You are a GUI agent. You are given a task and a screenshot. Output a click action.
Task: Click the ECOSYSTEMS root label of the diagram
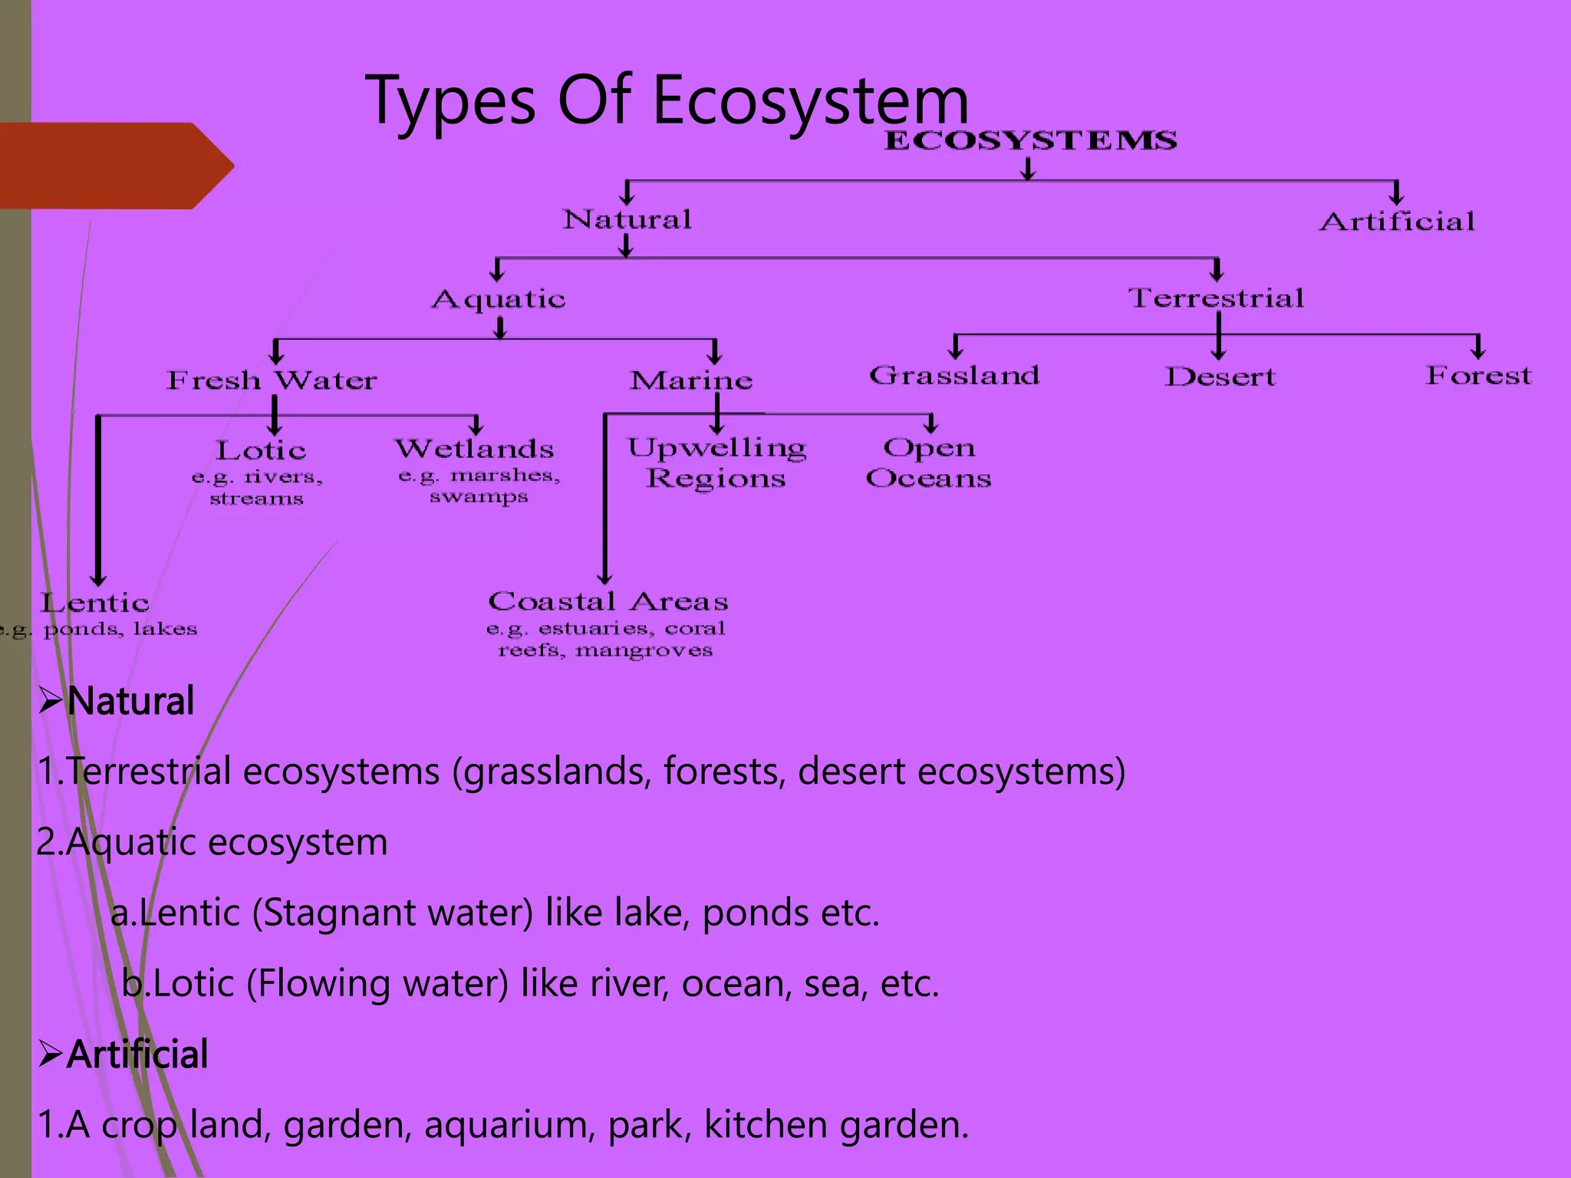point(1030,141)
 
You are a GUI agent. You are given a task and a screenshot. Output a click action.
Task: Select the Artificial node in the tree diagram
point(1397,222)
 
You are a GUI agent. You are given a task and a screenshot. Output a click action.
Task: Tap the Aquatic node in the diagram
point(499,299)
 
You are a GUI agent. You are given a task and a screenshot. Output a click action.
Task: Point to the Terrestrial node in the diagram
point(1216,298)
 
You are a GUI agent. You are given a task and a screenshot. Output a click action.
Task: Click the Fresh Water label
point(272,380)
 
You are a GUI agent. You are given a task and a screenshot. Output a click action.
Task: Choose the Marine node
point(691,380)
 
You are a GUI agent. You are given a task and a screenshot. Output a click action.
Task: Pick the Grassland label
point(954,376)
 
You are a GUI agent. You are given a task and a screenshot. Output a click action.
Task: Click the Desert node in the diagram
point(1220,377)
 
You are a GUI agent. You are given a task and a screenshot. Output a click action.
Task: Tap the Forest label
point(1478,376)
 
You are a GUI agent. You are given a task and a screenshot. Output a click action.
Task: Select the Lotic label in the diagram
point(261,451)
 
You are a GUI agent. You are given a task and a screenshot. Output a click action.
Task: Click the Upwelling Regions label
point(716,463)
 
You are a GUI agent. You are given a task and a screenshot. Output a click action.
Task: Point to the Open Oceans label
point(928,463)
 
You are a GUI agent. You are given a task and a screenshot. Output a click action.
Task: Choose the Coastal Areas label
point(608,602)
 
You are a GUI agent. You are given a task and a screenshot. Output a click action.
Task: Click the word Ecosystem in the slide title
point(811,101)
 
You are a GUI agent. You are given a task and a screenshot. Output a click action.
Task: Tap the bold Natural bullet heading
point(130,701)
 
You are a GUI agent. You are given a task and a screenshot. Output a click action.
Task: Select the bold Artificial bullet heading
point(137,1055)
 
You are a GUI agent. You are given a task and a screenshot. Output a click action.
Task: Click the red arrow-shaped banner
point(115,166)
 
